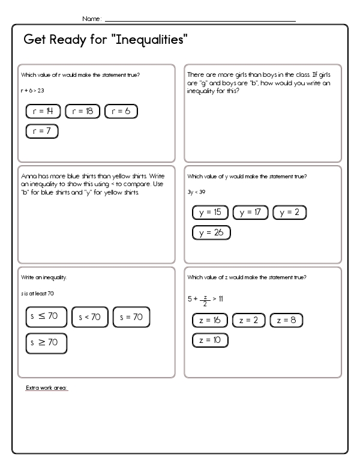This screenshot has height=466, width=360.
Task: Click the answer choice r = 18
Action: point(83,111)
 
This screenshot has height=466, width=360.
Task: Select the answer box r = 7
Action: point(42,131)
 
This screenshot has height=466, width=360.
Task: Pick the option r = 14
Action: point(43,111)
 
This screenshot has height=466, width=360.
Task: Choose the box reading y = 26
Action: point(211,232)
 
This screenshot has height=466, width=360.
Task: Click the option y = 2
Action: point(289,212)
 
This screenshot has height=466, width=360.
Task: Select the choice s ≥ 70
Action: point(46,343)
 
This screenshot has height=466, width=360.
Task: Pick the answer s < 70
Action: point(90,317)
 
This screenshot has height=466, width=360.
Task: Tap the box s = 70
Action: point(131,317)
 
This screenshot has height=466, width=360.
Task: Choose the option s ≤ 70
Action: point(46,317)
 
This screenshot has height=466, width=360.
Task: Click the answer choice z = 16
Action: point(210,320)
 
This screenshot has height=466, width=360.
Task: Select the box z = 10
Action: point(210,340)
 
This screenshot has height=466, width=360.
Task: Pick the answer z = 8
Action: point(286,320)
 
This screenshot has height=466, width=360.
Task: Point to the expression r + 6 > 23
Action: point(32,89)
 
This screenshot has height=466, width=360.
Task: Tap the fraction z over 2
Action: point(205,298)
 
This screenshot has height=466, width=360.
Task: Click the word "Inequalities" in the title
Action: point(147,41)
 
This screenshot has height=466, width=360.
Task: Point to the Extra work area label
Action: point(47,388)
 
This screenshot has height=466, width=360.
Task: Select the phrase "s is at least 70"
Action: point(37,293)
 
